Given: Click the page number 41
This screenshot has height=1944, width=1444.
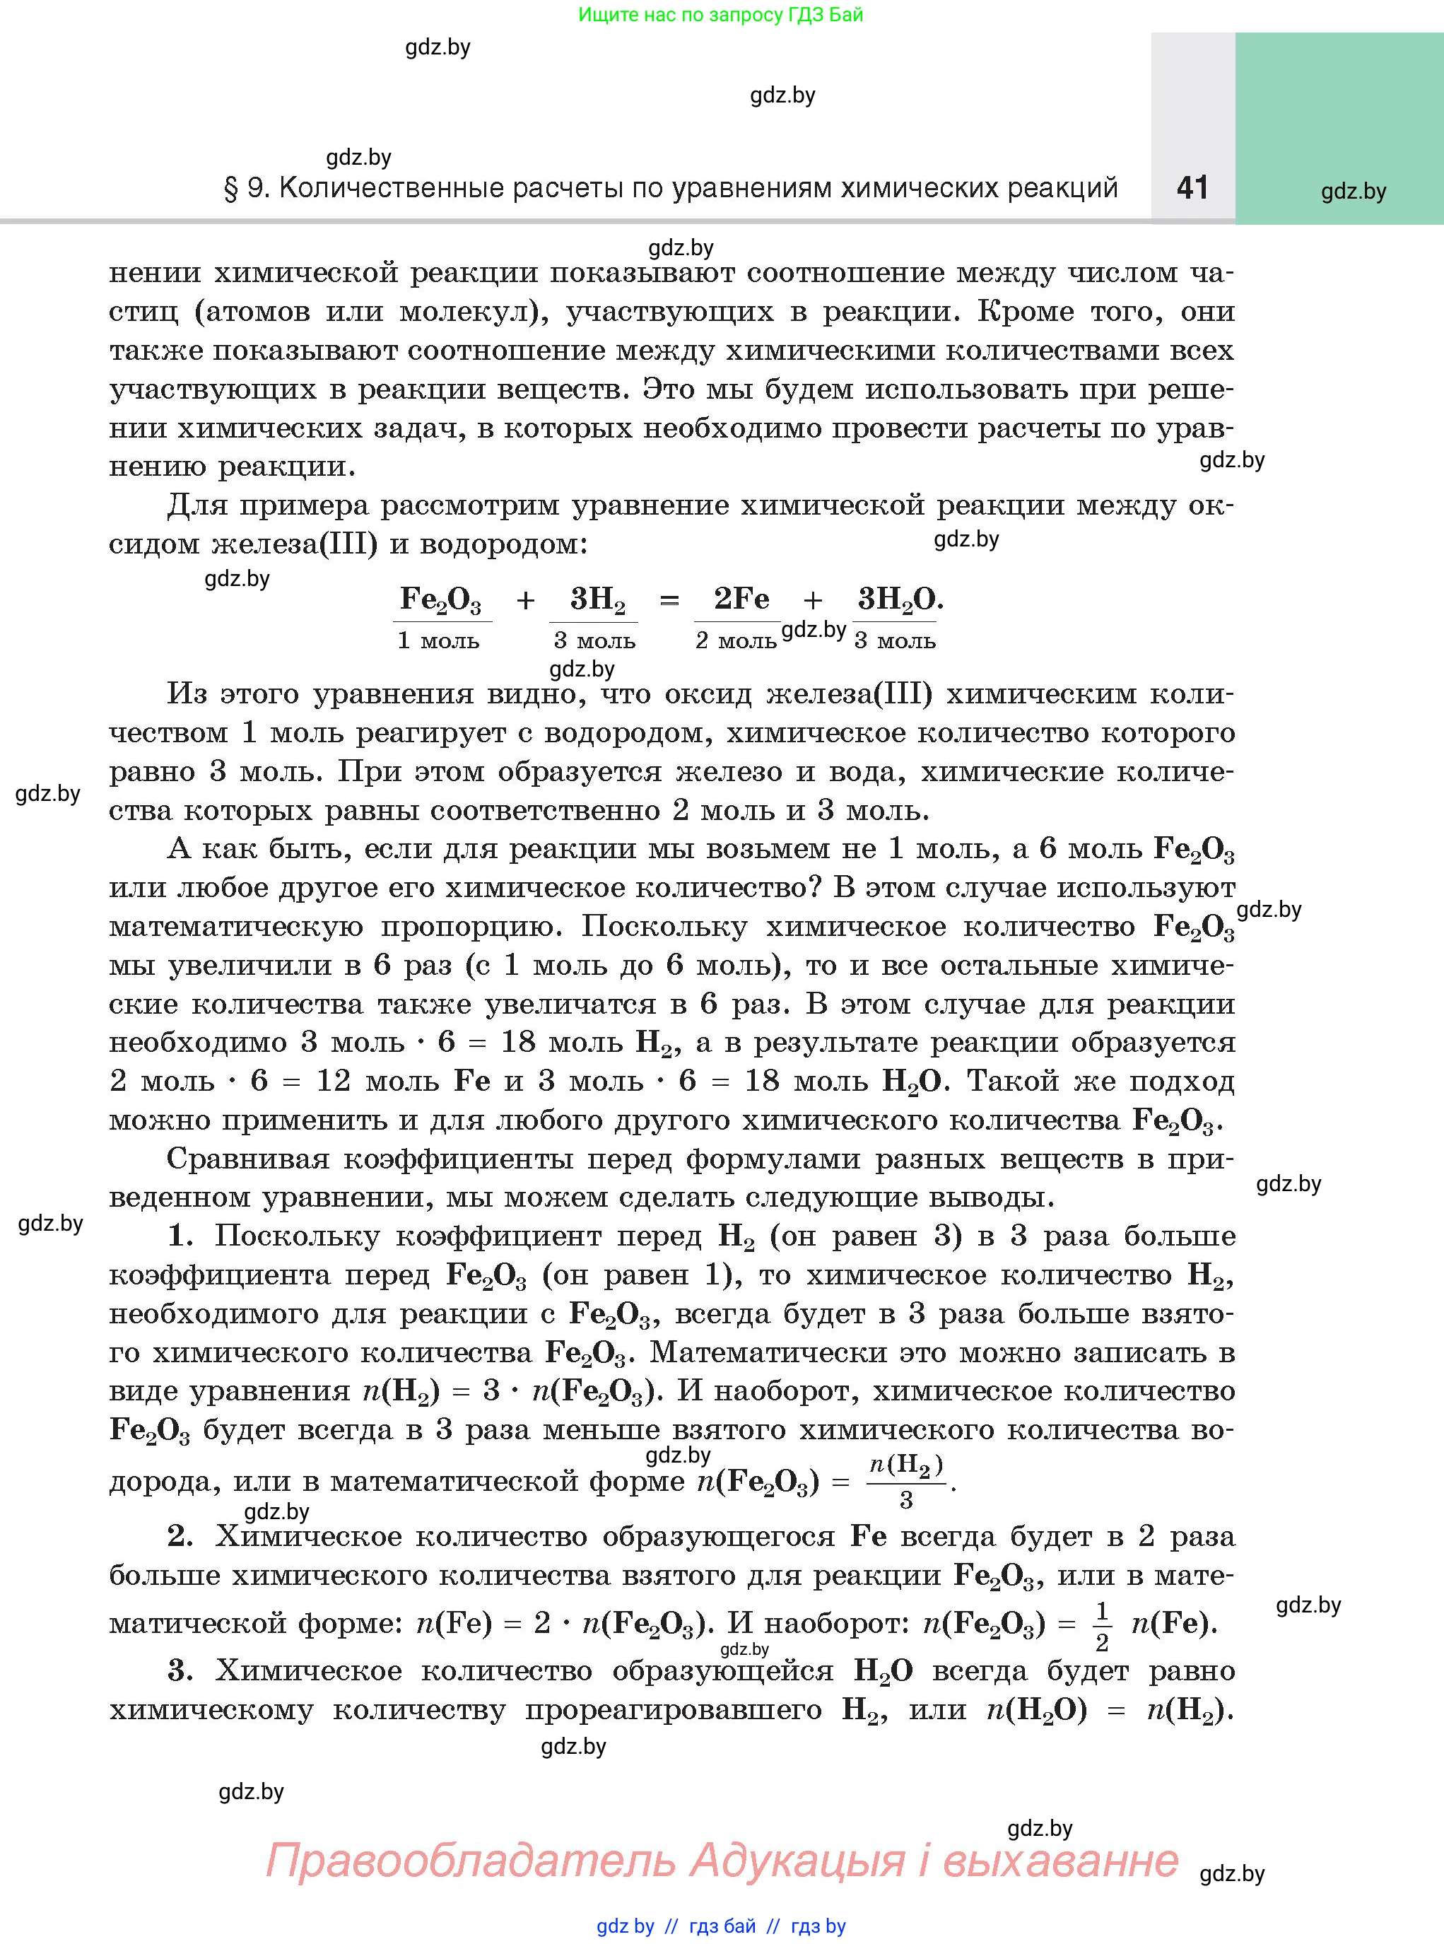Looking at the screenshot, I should [1192, 187].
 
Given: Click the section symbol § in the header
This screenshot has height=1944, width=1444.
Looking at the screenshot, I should [232, 189].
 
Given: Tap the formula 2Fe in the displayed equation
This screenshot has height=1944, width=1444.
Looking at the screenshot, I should [741, 599].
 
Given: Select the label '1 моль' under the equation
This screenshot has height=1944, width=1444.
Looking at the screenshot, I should [438, 640].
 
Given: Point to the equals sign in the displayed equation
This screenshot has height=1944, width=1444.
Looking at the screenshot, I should [669, 600].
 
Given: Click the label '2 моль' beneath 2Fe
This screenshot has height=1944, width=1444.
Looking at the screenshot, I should [736, 640].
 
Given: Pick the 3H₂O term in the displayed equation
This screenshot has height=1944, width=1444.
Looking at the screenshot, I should [898, 599].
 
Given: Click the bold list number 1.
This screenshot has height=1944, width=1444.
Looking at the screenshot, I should [180, 1236].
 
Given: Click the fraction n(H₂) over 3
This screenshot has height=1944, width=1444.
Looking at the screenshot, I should [906, 1481].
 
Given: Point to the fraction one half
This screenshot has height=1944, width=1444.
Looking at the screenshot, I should [1101, 1626].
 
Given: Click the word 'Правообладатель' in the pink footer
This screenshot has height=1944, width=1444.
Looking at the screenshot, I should [469, 1859].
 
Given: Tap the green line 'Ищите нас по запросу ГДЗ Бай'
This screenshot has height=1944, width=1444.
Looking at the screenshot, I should [720, 15].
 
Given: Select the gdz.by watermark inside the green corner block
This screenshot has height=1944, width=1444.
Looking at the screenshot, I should [1353, 192].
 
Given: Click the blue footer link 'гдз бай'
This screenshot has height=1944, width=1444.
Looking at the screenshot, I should [722, 1926].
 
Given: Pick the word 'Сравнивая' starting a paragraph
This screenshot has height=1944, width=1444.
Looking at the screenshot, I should [247, 1159].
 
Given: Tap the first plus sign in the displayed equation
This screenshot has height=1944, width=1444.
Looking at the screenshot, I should [525, 600].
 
